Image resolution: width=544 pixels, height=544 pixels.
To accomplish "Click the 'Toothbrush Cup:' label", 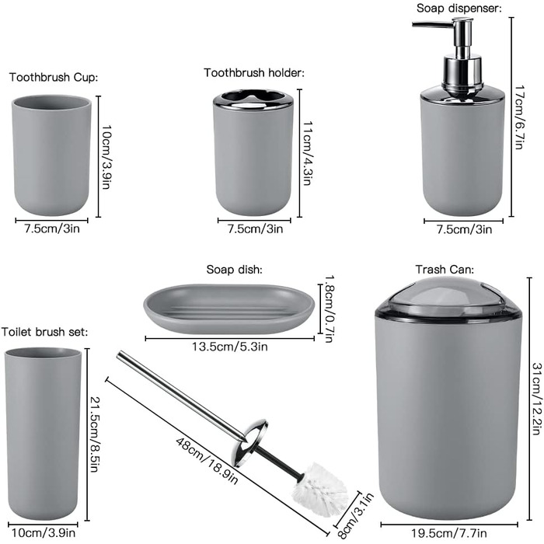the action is [x=54, y=77].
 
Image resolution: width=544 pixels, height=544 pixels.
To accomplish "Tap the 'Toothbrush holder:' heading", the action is [x=254, y=73].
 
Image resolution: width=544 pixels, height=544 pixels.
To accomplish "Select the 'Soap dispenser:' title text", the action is [x=459, y=8].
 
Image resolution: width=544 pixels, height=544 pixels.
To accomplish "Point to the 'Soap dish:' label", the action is [x=235, y=269].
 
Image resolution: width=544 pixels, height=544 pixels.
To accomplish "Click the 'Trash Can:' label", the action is [x=445, y=269].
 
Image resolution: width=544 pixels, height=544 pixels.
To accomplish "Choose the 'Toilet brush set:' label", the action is [x=45, y=332].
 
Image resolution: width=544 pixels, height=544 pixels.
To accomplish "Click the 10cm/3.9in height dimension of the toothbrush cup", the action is [x=106, y=157].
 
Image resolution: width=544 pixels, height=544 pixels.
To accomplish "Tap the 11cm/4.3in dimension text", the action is [x=307, y=153].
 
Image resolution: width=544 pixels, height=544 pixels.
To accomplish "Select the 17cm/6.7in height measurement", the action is [x=519, y=117].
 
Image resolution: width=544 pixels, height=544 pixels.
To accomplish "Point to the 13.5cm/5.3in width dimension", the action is [x=230, y=347].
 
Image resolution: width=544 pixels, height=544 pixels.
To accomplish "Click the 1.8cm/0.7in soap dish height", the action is [x=328, y=309].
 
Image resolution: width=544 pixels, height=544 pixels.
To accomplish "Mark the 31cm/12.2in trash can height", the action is [x=537, y=399].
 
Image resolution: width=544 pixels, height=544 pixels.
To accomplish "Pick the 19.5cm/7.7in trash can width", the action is [x=449, y=533].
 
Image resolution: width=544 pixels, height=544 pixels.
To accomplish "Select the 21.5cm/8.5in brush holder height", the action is [x=94, y=434].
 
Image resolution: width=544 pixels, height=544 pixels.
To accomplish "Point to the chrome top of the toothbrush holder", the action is [x=253, y=98].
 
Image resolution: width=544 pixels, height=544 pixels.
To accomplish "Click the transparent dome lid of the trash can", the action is [x=448, y=298].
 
